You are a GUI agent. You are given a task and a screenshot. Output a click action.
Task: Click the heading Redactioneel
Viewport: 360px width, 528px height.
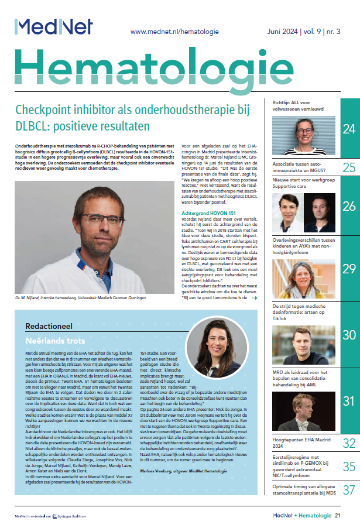49,325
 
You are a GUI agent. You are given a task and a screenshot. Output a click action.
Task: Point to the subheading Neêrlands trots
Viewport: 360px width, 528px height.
51,340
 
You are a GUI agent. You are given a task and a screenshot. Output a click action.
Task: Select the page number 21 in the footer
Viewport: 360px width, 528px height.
338,515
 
